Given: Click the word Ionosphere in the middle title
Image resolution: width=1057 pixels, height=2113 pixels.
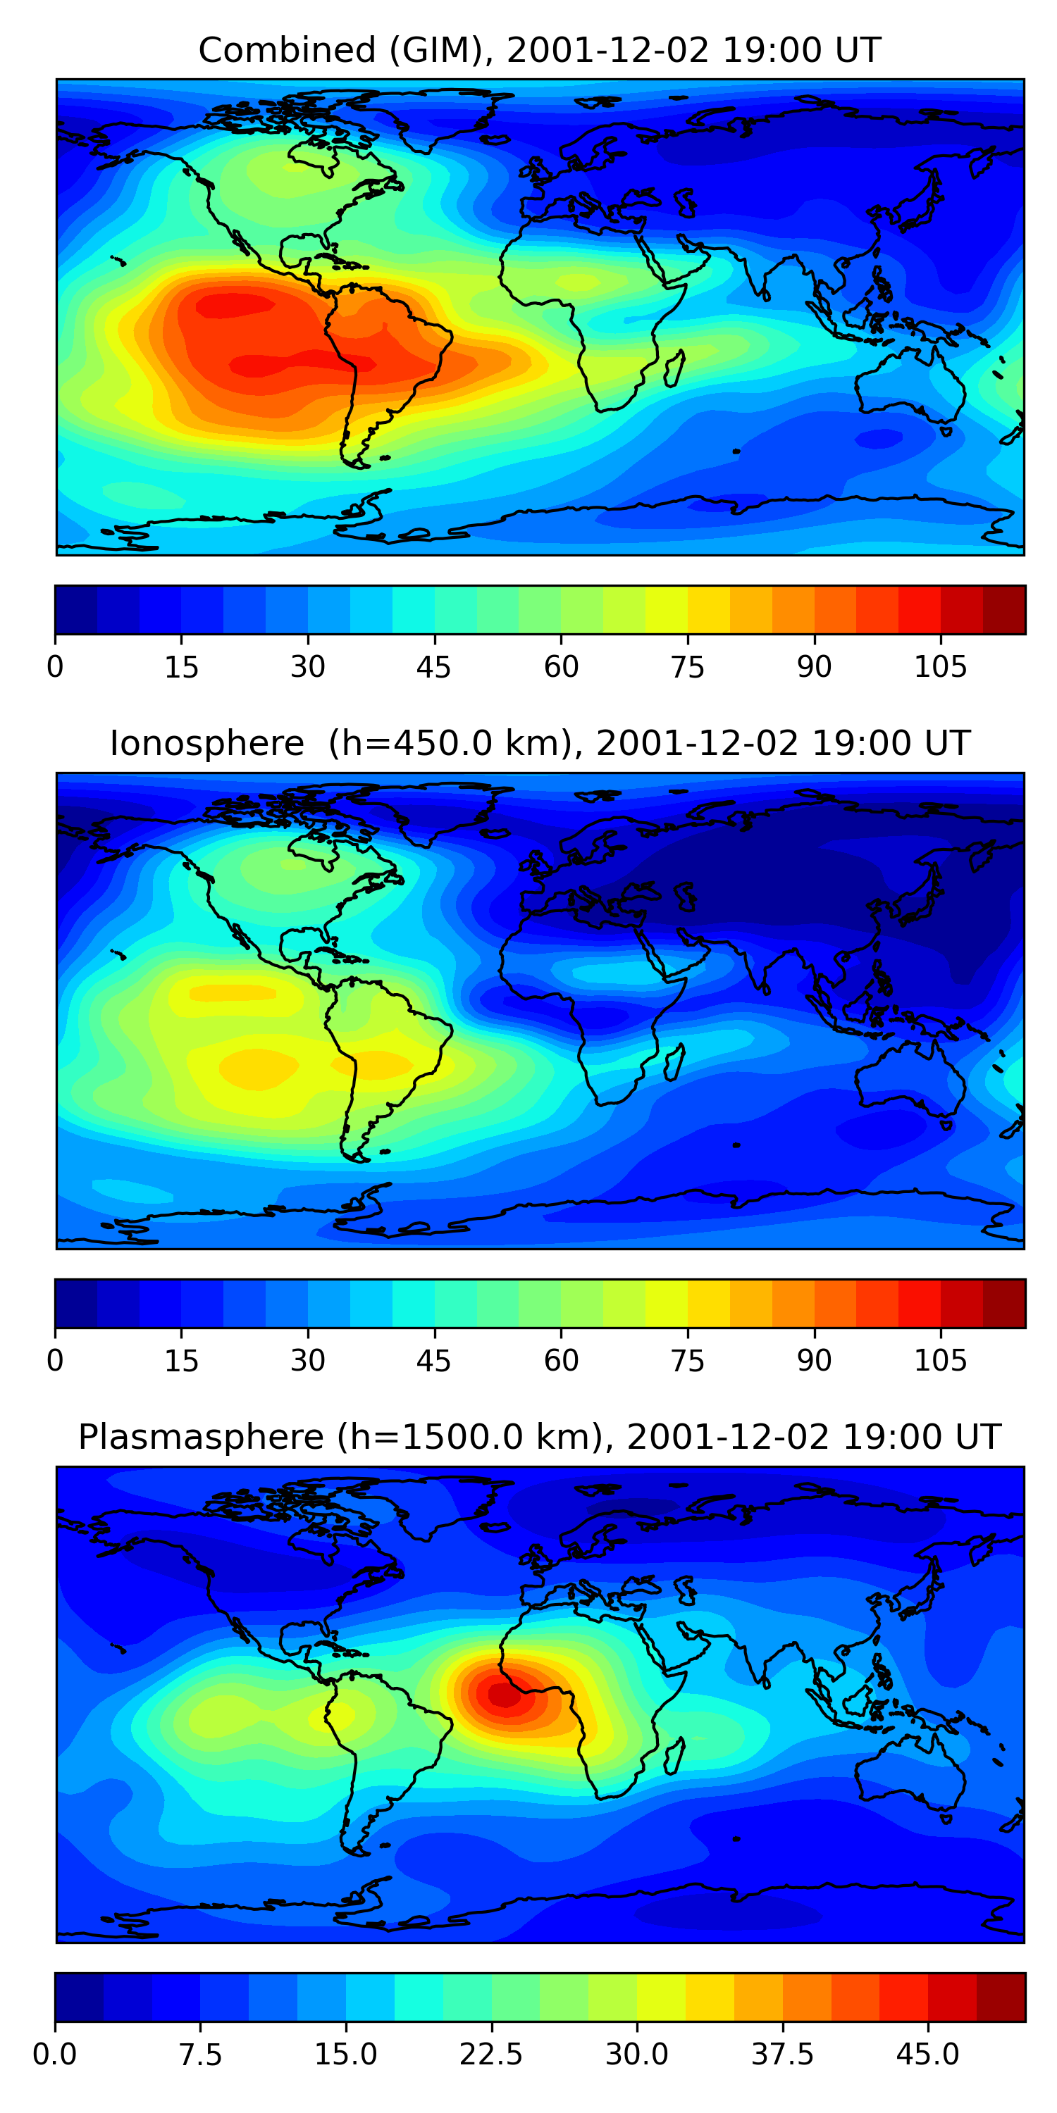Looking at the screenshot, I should coord(206,744).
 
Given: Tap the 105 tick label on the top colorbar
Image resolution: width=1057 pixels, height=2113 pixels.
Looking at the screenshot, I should coord(941,668).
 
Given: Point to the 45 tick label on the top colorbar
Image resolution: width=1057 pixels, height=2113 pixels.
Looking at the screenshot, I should coord(433,668).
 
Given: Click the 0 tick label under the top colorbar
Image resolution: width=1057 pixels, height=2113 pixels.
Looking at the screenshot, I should coord(55,668).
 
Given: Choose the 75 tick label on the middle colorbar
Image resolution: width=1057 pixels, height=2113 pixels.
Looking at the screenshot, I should coord(687,1361).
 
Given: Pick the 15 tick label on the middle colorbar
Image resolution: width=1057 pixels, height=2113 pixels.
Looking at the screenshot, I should coord(181,1361).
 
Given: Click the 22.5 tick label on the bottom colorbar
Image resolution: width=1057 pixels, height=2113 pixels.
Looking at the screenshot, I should coord(490,2055).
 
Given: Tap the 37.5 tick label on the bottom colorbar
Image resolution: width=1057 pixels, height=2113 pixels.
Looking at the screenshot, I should coord(782,2055).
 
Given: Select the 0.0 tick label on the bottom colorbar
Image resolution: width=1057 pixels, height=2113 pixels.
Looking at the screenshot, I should coord(55,2055).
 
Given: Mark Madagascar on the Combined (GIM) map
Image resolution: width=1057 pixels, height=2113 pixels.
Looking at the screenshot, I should coord(674,368).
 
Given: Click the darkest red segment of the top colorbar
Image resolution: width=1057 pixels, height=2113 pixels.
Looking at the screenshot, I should coord(1003,610).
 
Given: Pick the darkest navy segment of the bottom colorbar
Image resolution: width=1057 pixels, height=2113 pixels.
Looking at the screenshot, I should coord(79,1997).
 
